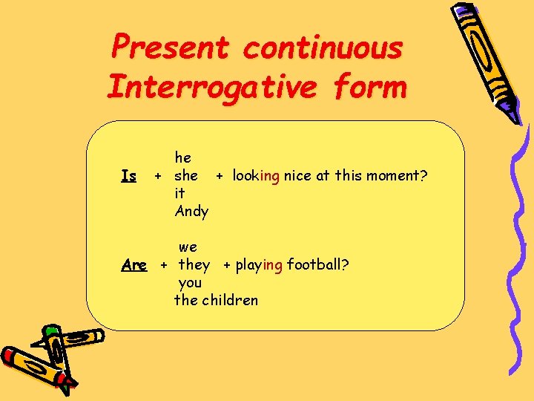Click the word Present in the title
170,48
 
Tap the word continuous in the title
323,48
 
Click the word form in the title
370,87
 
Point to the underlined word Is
128,176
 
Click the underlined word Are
133,265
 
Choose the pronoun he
182,157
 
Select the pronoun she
185,176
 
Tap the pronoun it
179,194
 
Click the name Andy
191,212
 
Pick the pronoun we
188,247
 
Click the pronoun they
194,265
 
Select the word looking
256,176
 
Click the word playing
259,265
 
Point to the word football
319,265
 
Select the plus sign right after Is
156,177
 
